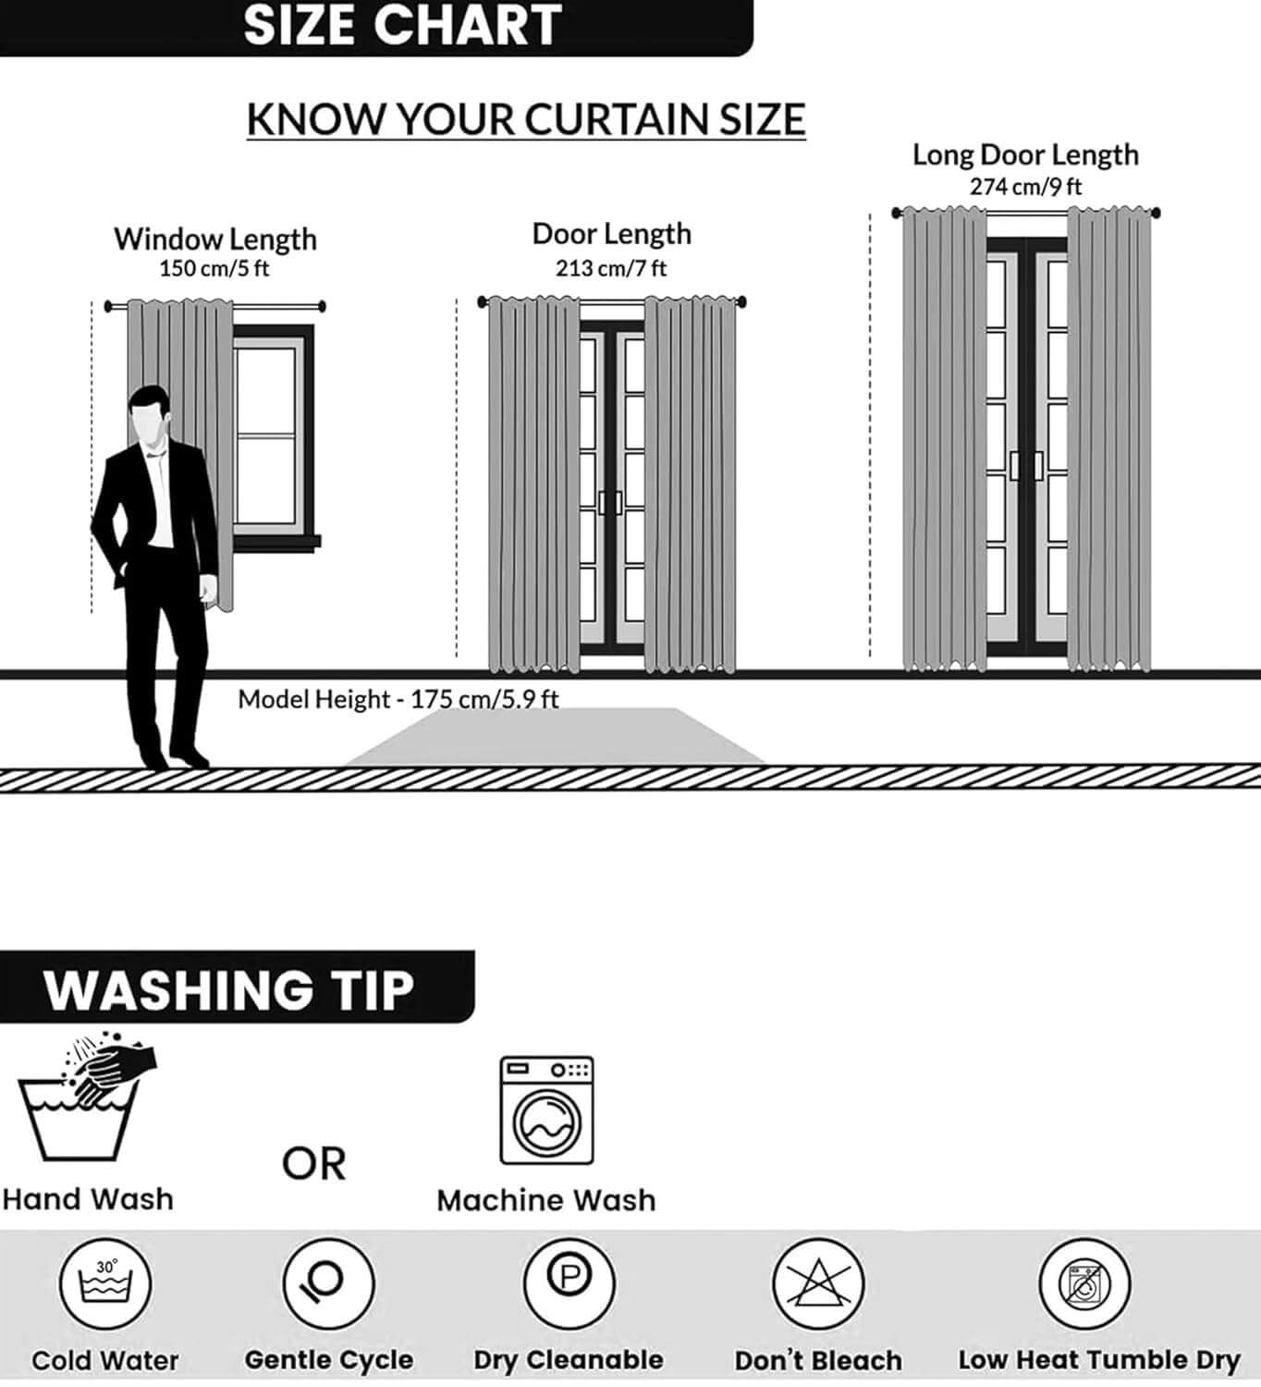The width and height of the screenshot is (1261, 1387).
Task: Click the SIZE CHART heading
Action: pos(402,26)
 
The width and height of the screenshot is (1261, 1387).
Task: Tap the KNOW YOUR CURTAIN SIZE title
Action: pos(526,119)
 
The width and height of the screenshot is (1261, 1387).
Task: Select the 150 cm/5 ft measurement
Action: pos(214,268)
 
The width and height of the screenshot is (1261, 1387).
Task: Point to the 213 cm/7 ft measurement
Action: pos(611,268)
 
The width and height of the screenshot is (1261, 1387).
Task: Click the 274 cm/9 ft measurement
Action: pos(1026,187)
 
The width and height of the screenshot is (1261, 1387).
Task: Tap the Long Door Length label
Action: pos(1026,154)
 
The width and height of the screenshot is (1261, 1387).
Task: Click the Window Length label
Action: pos(215,239)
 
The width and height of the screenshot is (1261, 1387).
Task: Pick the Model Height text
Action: pos(398,699)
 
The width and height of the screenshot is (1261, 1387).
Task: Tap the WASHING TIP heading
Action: pos(229,990)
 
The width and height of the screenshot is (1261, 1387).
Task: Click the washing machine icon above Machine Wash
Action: pos(547,1111)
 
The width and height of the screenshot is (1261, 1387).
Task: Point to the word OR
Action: pos(314,1164)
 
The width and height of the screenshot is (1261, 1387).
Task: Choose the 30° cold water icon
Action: pos(104,1284)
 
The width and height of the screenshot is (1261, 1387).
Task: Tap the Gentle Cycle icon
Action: pos(328,1284)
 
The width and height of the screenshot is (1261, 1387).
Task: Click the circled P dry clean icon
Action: pos(569,1284)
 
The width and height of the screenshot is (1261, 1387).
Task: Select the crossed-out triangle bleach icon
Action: pos(818,1284)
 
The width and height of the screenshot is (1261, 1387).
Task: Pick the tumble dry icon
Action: pos(1085,1284)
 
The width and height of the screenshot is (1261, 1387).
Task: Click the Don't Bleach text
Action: pos(818,1361)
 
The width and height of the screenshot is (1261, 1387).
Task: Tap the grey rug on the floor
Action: pos(556,736)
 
